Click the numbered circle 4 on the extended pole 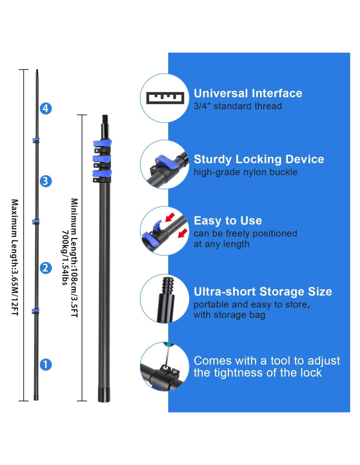(x=46, y=109)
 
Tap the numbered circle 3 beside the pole (x=46, y=181)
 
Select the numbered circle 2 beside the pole (x=46, y=268)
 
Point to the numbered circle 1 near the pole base (x=46, y=365)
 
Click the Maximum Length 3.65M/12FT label (x=15, y=257)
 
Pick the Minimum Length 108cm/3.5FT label (x=75, y=257)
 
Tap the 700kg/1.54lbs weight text (x=65, y=257)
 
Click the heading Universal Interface (x=248, y=94)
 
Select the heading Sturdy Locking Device (x=259, y=159)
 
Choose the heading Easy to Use (x=228, y=221)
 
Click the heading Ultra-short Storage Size (x=263, y=291)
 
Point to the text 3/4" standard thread (x=238, y=106)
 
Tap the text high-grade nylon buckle (x=245, y=172)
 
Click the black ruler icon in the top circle (x=165, y=98)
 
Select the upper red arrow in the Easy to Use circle (x=170, y=217)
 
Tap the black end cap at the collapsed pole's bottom (x=104, y=395)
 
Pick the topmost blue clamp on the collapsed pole (x=102, y=143)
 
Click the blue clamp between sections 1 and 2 (x=35, y=310)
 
